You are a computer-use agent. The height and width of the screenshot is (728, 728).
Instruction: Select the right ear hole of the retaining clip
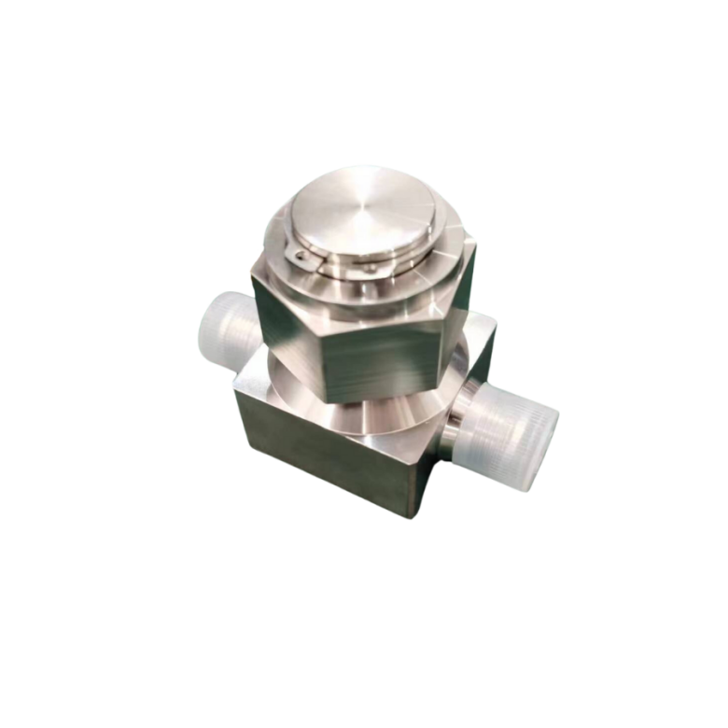point(371,268)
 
